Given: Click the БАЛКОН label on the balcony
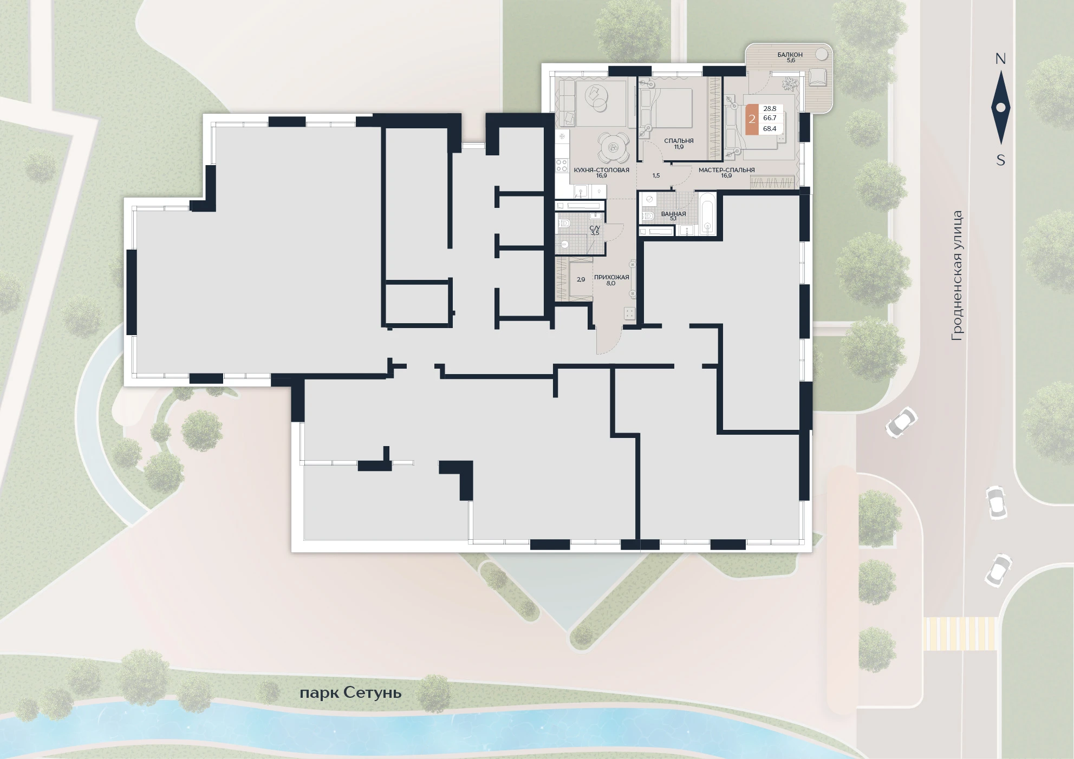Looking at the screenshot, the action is click(x=790, y=55).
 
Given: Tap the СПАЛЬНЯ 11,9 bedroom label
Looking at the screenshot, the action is click(x=679, y=143).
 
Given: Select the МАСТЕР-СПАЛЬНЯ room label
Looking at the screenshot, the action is click(x=726, y=170).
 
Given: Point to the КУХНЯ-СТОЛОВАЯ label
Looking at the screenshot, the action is click(x=601, y=170).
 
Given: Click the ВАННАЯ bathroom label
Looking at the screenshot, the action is click(x=673, y=214).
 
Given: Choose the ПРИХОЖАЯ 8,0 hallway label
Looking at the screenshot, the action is click(x=611, y=280).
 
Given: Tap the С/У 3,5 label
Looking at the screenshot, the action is click(x=595, y=231).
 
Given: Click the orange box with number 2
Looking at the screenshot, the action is click(x=752, y=119).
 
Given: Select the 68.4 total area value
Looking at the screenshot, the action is click(x=770, y=129).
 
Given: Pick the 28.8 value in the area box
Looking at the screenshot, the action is click(x=770, y=109).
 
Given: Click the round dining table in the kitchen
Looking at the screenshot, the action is click(x=613, y=146).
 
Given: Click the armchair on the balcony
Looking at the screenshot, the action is click(x=817, y=77).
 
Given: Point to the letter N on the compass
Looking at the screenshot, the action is click(x=1000, y=59).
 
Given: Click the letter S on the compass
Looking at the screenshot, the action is click(x=1001, y=160).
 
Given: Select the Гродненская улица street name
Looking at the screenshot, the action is click(x=958, y=276).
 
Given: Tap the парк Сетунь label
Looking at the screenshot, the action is click(x=350, y=693).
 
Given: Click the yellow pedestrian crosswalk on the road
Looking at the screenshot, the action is click(x=960, y=633).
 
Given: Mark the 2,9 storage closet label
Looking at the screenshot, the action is click(x=581, y=280).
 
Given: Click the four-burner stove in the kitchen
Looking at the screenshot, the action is click(x=562, y=166).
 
